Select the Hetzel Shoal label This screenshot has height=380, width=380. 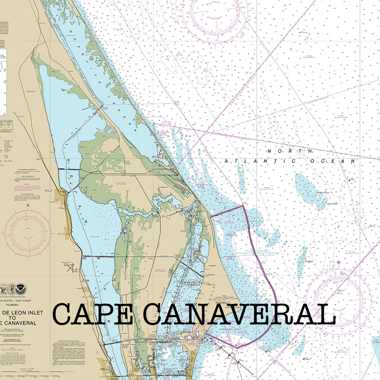(x=324, y=192)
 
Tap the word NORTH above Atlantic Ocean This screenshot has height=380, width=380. (x=290, y=151)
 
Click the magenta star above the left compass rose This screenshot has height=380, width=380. (x=28, y=205)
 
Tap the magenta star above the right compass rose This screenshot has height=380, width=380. (x=339, y=263)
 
